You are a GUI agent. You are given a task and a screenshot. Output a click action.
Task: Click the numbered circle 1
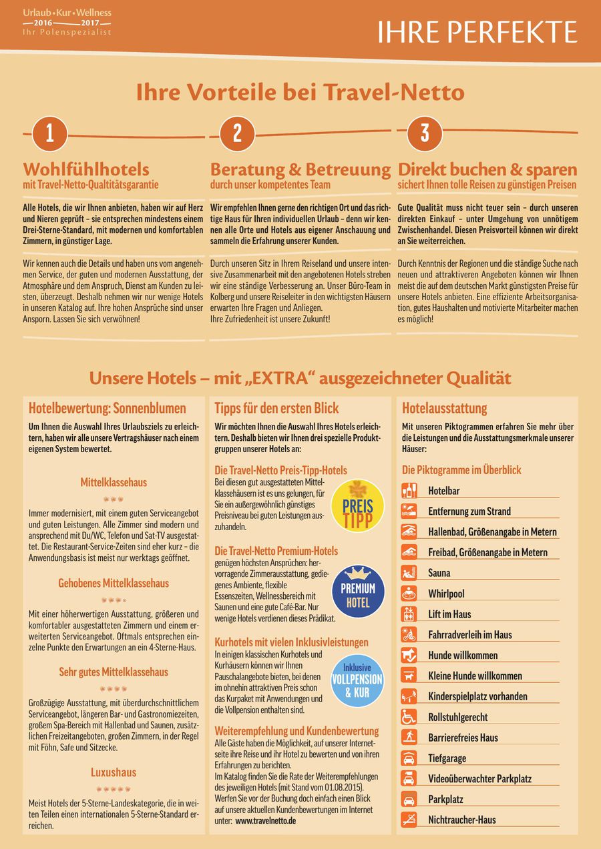click(49, 133)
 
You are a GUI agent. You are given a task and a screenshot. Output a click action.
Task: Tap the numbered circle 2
click(237, 133)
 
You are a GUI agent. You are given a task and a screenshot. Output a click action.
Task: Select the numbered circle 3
click(424, 133)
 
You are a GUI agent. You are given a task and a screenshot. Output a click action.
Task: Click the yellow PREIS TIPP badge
click(358, 506)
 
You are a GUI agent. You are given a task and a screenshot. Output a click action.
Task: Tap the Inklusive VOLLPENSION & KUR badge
click(358, 680)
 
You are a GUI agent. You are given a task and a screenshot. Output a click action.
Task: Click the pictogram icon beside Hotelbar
click(409, 491)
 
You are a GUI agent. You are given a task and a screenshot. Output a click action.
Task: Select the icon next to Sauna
click(409, 573)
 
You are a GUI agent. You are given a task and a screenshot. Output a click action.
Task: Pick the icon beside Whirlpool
click(409, 594)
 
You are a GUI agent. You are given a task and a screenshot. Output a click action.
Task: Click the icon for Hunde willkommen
click(409, 655)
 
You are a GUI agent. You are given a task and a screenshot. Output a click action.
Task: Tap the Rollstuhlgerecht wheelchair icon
click(409, 717)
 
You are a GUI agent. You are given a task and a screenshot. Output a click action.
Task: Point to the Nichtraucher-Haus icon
click(409, 820)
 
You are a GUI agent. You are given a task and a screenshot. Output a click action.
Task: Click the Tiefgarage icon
click(409, 758)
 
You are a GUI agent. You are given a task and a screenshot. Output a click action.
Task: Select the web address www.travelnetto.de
click(265, 821)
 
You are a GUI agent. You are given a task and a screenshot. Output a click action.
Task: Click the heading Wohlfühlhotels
click(86, 169)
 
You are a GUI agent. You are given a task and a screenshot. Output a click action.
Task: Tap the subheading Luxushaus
click(114, 772)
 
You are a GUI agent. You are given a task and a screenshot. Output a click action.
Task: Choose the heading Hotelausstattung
click(445, 408)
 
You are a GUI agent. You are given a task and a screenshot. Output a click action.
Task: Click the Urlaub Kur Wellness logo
click(67, 22)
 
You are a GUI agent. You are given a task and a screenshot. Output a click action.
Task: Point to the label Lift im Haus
click(449, 614)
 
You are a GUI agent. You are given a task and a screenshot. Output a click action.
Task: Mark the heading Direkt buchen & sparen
click(487, 169)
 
